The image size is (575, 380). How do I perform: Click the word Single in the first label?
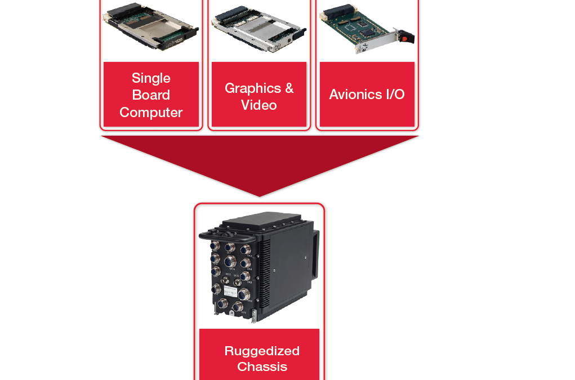point(151,78)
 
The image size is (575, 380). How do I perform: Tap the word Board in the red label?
point(151,95)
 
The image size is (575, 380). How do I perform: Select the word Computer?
point(151,112)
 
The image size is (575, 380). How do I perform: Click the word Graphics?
point(252,88)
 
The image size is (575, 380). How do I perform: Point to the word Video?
point(258,105)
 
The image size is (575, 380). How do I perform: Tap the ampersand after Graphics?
point(289,88)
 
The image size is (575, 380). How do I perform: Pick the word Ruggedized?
point(262,351)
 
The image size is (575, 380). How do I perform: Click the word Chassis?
point(262,366)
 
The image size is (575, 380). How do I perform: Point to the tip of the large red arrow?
point(259,195)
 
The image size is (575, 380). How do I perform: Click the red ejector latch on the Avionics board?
point(404,38)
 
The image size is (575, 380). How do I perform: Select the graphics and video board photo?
point(258,29)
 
